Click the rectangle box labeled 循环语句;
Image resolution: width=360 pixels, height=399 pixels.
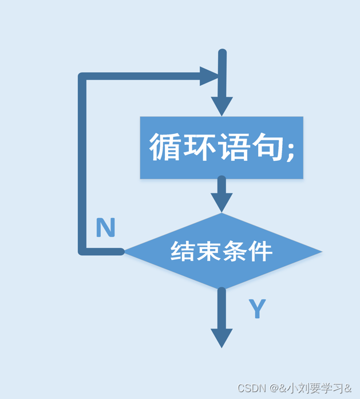pyautogui.click(x=221, y=148)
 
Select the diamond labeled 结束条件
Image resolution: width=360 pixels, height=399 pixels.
pyautogui.click(x=222, y=251)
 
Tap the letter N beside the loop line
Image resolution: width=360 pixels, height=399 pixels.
pyautogui.click(x=105, y=228)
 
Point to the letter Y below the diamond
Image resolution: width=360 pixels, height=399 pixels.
pyautogui.click(x=258, y=309)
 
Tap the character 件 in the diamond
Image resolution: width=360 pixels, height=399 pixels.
pyautogui.click(x=260, y=251)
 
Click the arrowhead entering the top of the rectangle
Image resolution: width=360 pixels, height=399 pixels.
pyautogui.click(x=221, y=106)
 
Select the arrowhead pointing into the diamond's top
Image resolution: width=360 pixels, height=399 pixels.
pyautogui.click(x=221, y=202)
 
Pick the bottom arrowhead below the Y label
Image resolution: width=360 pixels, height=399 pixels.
pyautogui.click(x=221, y=337)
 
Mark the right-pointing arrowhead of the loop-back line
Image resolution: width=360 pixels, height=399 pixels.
pyautogui.click(x=209, y=76)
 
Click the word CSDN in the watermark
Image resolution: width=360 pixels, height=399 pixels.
pyautogui.click(x=250, y=388)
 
